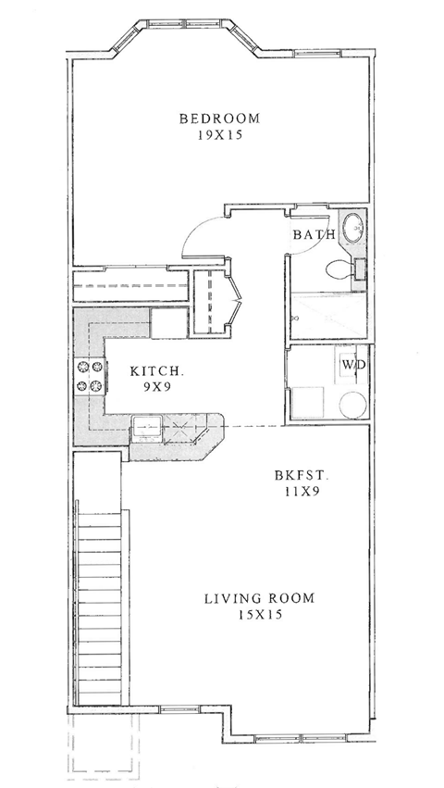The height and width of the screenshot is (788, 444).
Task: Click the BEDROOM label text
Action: [219, 119]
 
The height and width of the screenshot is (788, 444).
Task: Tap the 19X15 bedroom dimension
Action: [219, 135]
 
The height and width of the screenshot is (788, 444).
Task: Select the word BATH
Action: [314, 235]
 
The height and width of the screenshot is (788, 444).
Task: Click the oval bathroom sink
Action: [352, 228]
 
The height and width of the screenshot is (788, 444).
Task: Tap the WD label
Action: [353, 364]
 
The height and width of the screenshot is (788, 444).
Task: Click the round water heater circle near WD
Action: [352, 405]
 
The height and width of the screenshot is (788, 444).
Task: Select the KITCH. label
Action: [157, 370]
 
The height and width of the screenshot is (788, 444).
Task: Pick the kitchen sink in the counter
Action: [147, 427]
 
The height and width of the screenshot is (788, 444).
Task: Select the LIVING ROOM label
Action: [259, 598]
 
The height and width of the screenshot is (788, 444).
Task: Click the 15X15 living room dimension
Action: [259, 614]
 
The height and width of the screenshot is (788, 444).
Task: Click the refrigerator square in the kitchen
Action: [169, 323]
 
